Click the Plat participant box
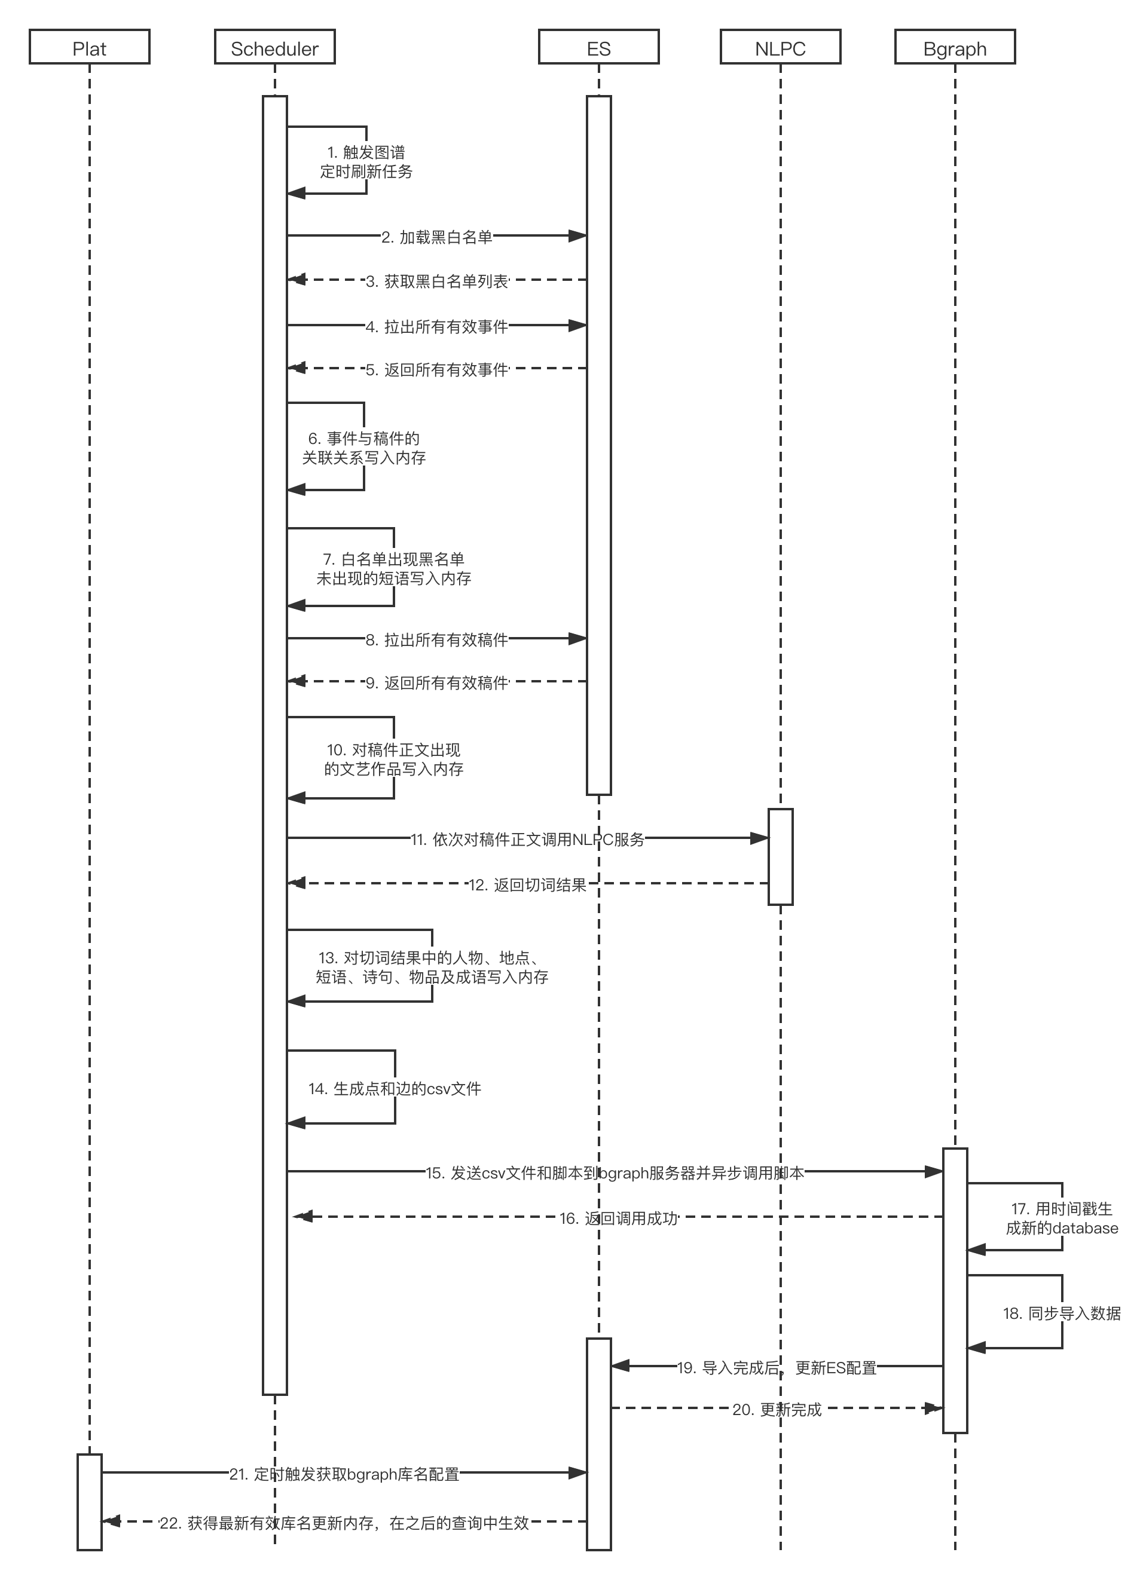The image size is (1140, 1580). click(89, 47)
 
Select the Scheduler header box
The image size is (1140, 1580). click(274, 47)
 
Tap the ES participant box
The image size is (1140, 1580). click(598, 47)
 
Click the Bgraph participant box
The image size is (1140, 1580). click(955, 47)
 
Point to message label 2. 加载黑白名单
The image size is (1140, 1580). click(437, 237)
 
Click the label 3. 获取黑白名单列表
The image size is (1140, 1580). click(437, 281)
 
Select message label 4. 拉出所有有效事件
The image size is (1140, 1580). click(437, 326)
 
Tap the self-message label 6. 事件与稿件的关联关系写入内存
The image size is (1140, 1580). click(363, 447)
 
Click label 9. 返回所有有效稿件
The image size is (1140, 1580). click(437, 682)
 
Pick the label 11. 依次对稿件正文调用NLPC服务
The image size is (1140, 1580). click(527, 839)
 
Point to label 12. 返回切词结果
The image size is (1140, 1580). click(527, 885)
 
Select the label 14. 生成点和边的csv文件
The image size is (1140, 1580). click(395, 1088)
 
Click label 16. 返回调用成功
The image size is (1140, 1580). click(618, 1218)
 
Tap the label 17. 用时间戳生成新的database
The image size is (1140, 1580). click(1062, 1218)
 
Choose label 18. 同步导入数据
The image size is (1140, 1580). click(1062, 1313)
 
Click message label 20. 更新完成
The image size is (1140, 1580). click(777, 1409)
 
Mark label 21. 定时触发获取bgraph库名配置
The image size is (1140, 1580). click(344, 1474)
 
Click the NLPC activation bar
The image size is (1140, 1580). click(781, 856)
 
